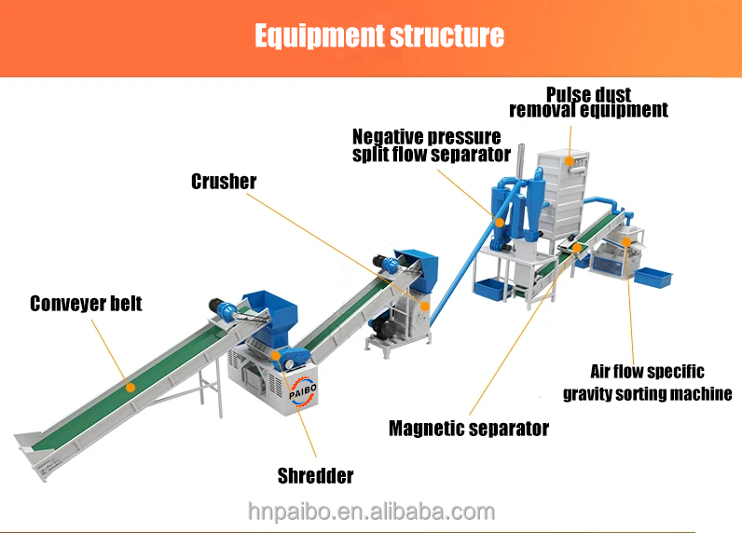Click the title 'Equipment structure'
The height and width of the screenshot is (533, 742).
pyautogui.click(x=379, y=36)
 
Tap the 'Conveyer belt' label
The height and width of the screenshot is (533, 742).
pyautogui.click(x=86, y=304)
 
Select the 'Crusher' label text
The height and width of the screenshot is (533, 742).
pyautogui.click(x=224, y=181)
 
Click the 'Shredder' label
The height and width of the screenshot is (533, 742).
pyautogui.click(x=316, y=476)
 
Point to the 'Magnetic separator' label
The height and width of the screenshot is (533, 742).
pyautogui.click(x=469, y=429)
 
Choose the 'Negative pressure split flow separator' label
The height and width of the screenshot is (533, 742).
pyautogui.click(x=431, y=145)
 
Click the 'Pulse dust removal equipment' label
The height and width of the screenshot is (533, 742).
pyautogui.click(x=588, y=102)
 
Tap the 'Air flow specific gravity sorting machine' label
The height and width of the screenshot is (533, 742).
pyautogui.click(x=647, y=383)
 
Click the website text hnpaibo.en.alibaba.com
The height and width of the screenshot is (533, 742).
pyautogui.click(x=371, y=512)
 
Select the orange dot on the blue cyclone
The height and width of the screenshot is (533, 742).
pyautogui.click(x=500, y=222)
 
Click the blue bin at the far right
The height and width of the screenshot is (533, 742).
pyautogui.click(x=652, y=276)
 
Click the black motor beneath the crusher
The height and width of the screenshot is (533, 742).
pyautogui.click(x=381, y=326)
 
